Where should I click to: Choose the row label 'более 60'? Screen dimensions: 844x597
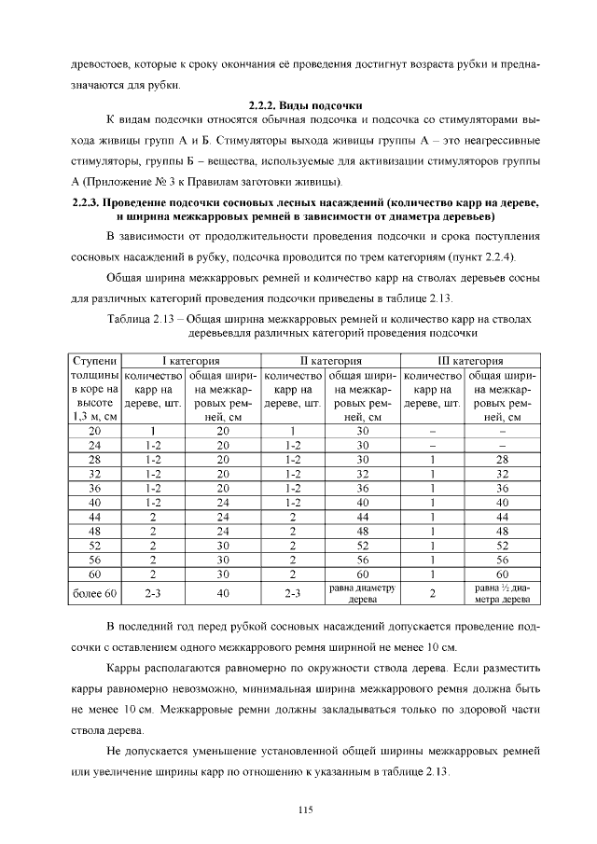(94, 591)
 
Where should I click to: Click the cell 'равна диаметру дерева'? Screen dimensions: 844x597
(363, 592)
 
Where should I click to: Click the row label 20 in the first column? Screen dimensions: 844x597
(94, 432)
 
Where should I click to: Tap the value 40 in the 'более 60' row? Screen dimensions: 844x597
(222, 591)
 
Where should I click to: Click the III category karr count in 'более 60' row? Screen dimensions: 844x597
(432, 591)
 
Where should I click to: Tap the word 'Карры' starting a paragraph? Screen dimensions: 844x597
(123, 669)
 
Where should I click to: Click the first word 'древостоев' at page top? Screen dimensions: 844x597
(99, 68)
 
